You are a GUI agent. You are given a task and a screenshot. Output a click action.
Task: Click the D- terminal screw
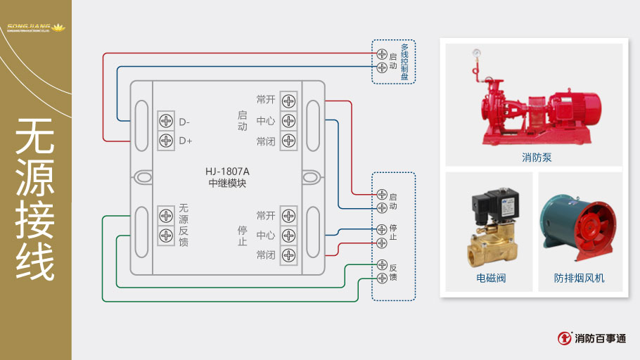point(166,121)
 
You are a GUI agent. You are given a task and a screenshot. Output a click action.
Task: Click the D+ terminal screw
point(166,141)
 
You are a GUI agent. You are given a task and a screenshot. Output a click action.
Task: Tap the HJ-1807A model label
point(228,170)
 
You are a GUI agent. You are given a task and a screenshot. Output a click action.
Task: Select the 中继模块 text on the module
point(228,183)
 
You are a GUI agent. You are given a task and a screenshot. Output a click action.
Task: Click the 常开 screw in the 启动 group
point(288,101)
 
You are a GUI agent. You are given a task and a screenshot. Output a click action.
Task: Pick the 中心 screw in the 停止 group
point(288,236)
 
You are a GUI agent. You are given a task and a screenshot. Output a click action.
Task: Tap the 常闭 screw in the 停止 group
point(288,255)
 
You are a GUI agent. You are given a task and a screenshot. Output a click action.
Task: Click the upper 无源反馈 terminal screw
point(166,215)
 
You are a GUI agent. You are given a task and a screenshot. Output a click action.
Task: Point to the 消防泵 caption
point(537,157)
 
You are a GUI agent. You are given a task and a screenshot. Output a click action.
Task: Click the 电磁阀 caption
point(491,278)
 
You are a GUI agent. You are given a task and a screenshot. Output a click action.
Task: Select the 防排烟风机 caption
point(579,278)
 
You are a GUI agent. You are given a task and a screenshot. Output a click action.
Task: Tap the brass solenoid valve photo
point(492,225)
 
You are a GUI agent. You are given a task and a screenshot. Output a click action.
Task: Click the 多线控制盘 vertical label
point(404,62)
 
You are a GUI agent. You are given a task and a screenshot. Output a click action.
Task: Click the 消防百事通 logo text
point(600,338)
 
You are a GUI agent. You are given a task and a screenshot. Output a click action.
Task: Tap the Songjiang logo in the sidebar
point(35,29)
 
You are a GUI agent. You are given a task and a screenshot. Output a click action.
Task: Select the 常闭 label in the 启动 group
point(265,141)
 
